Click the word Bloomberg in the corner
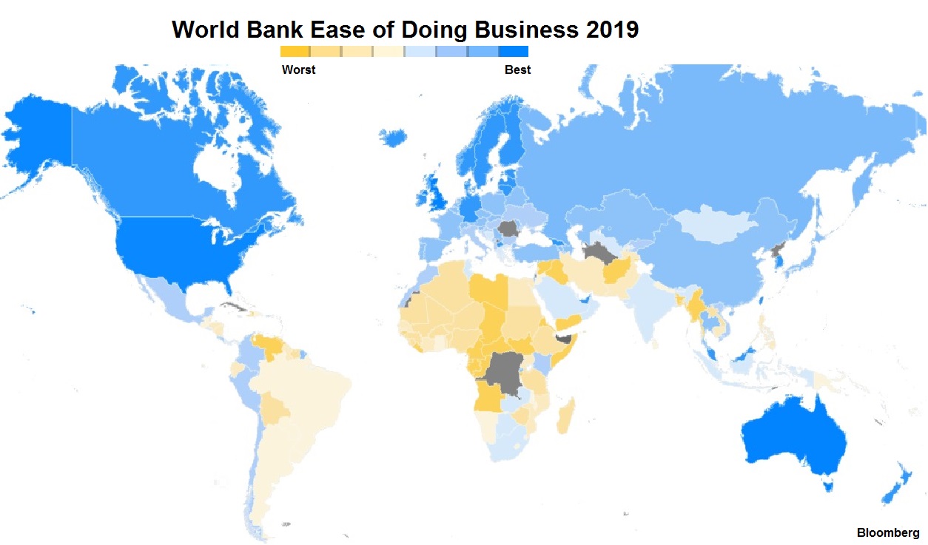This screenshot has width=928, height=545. coord(888,532)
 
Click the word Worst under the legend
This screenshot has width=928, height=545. coord(298,70)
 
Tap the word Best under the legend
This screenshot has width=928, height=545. coord(517,70)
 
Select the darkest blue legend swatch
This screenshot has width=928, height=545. coord(513,52)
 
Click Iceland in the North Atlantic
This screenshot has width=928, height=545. coord(393,138)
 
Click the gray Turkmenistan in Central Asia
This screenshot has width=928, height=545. coord(597,254)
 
